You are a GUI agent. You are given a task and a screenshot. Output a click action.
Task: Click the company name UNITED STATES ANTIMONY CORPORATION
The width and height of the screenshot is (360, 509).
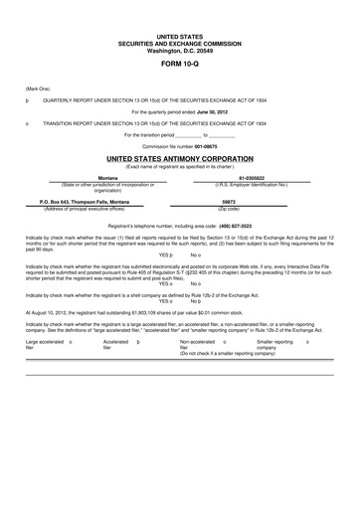(180, 158)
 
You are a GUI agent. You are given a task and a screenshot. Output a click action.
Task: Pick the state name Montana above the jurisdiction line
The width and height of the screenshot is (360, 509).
(95, 178)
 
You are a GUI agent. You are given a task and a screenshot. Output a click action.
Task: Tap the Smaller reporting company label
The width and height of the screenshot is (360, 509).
(273, 343)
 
